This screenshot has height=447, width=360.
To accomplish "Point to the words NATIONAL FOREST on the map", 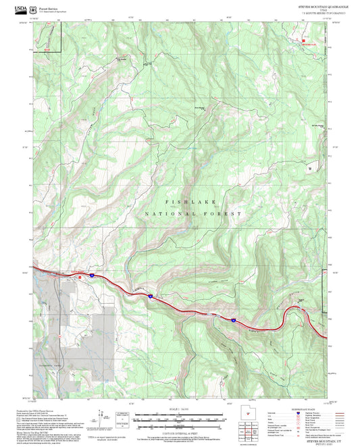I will [192, 213].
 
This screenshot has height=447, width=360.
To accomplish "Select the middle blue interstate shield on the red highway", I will [150, 296].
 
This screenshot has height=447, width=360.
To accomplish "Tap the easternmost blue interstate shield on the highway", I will [233, 319].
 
